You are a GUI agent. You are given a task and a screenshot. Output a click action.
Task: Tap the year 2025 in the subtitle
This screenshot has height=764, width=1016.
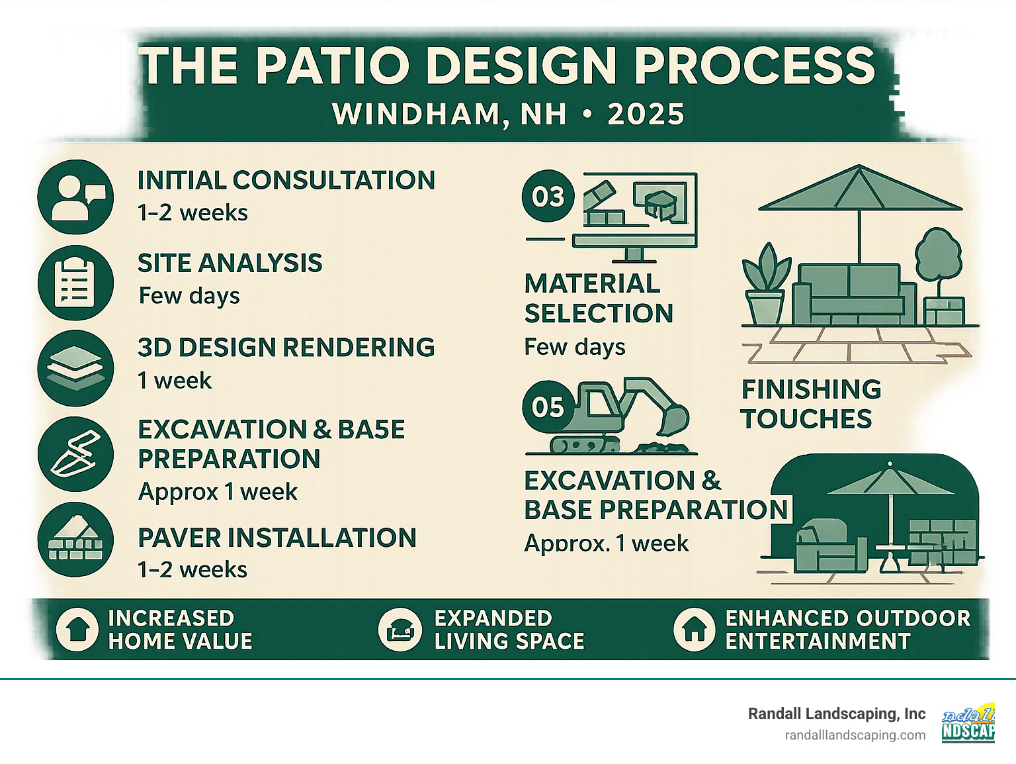[646, 115]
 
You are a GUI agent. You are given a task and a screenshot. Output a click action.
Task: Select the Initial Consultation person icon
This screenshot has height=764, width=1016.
[75, 197]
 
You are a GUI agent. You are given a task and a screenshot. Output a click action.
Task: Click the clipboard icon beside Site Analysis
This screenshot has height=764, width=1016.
[75, 282]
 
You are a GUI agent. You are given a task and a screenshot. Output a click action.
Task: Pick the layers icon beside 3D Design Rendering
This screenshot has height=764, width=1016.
[75, 367]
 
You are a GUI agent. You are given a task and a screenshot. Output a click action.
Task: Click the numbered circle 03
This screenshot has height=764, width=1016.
[548, 197]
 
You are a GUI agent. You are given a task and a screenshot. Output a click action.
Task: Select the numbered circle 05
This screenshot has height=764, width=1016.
[548, 406]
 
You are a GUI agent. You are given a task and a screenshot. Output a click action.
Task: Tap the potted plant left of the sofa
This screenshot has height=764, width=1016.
[766, 285]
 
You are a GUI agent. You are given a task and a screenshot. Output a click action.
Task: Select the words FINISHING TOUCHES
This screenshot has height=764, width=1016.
[810, 404]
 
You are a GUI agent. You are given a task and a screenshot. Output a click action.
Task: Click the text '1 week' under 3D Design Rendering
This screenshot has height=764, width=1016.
[175, 381]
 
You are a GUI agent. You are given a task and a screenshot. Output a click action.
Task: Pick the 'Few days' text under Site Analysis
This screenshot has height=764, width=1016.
[189, 296]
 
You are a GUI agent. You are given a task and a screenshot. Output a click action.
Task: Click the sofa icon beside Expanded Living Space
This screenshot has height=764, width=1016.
[400, 629]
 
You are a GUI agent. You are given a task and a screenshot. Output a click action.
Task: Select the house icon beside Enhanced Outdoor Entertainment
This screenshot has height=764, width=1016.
[694, 629]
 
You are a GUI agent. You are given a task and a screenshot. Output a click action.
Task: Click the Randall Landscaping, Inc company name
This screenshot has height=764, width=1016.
[836, 714]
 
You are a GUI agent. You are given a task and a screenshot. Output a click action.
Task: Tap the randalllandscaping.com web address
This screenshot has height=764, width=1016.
[855, 735]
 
